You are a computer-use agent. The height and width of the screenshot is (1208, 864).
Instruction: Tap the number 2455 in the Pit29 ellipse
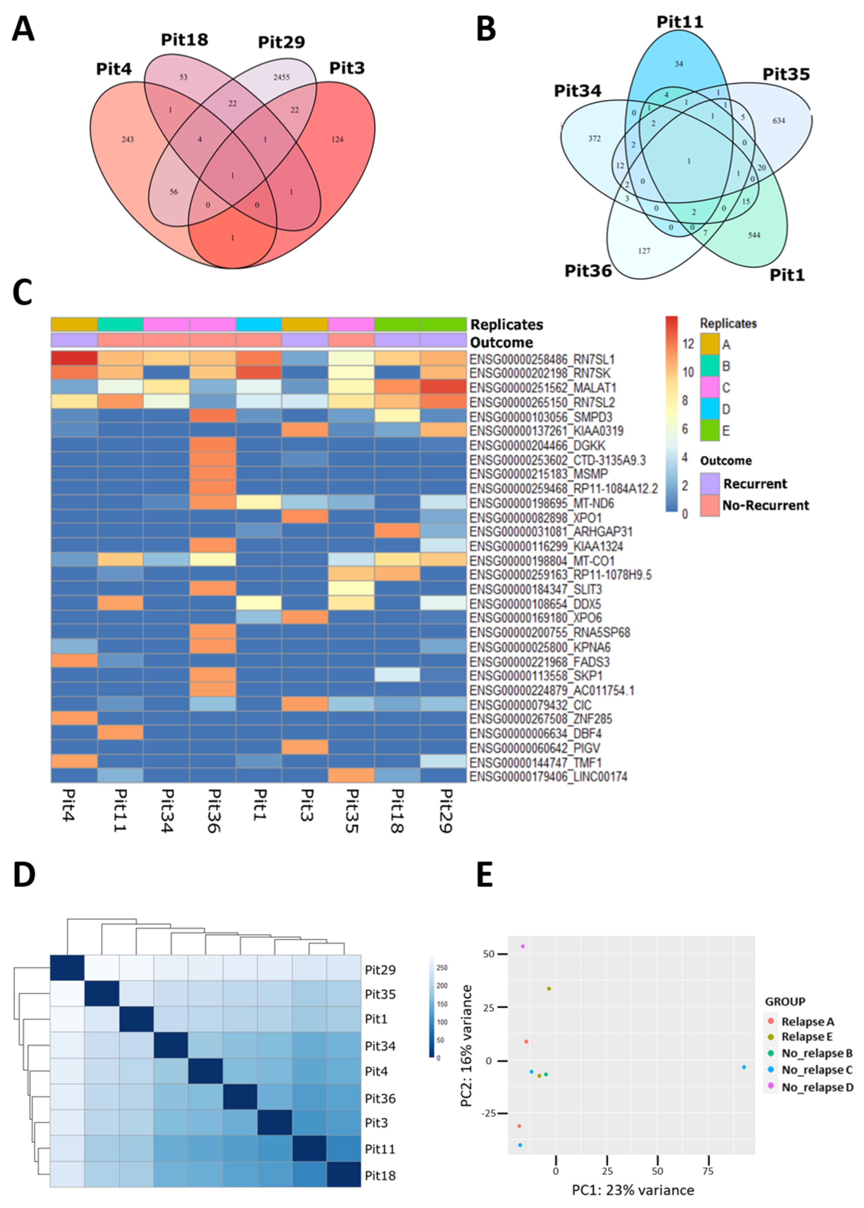281,77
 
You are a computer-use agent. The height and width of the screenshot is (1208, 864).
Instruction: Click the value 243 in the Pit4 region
128,140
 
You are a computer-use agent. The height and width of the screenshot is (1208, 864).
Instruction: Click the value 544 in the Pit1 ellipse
754,235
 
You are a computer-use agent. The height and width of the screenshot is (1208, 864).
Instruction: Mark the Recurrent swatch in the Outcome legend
710,483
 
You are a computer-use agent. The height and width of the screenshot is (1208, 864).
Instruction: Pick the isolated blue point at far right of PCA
744,1078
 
